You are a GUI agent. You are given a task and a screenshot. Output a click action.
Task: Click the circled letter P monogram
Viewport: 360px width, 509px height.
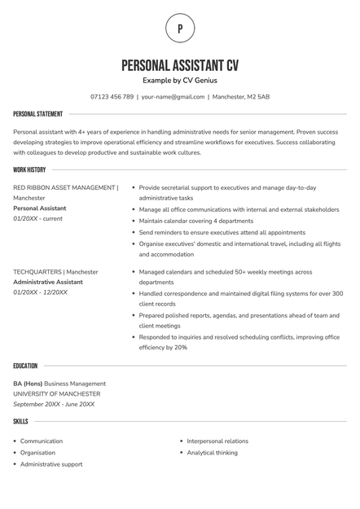[180, 29]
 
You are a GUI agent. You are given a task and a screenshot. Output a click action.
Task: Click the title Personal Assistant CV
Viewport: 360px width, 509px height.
[180, 65]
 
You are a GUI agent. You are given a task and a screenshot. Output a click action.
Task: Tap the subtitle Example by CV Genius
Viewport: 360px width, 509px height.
[180, 81]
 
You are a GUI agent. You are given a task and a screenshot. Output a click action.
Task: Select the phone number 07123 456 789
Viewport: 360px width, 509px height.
[112, 97]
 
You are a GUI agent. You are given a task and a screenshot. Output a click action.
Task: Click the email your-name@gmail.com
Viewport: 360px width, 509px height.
[173, 97]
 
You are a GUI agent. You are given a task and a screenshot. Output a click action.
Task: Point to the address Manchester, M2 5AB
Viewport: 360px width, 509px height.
[240, 97]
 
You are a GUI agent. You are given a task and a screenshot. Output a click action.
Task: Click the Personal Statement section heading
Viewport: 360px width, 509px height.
[37, 114]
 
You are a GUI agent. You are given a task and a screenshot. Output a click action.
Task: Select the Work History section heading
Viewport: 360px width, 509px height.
[29, 169]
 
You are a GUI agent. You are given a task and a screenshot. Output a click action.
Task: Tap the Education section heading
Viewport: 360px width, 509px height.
[25, 366]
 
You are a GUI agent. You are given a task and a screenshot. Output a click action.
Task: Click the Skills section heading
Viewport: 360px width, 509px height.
[20, 421]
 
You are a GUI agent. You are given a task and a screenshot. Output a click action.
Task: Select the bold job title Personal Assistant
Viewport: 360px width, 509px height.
[40, 208]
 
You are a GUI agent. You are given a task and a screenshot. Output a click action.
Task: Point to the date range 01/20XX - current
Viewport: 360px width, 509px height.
[37, 219]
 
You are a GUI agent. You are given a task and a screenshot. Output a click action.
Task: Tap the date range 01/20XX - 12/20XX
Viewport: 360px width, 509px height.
[41, 292]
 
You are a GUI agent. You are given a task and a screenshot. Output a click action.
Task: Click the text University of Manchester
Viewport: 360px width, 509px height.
[56, 394]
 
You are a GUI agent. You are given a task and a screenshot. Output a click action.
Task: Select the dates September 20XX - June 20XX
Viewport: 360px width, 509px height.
[54, 404]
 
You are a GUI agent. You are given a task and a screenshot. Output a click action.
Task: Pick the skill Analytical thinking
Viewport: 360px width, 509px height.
[213, 453]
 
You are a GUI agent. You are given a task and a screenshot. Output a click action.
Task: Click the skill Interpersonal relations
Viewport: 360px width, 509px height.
[217, 441]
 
